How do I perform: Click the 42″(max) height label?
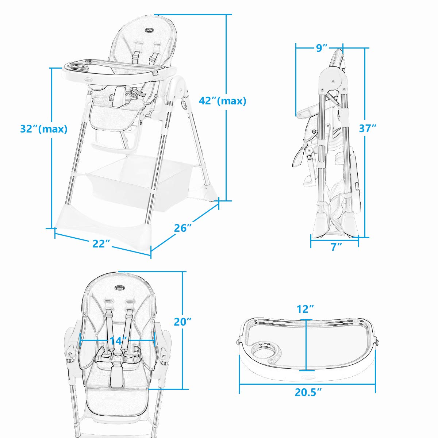coord(222,101)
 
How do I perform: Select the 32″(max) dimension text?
coord(44,129)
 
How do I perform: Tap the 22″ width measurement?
coord(101,243)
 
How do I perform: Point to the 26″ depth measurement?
coord(183,228)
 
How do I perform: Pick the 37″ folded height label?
coord(367,128)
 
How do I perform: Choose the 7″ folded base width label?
coord(336,247)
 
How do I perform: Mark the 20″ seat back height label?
coord(182,322)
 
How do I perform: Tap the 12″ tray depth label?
coord(306,309)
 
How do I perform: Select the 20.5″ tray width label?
coord(308,392)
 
